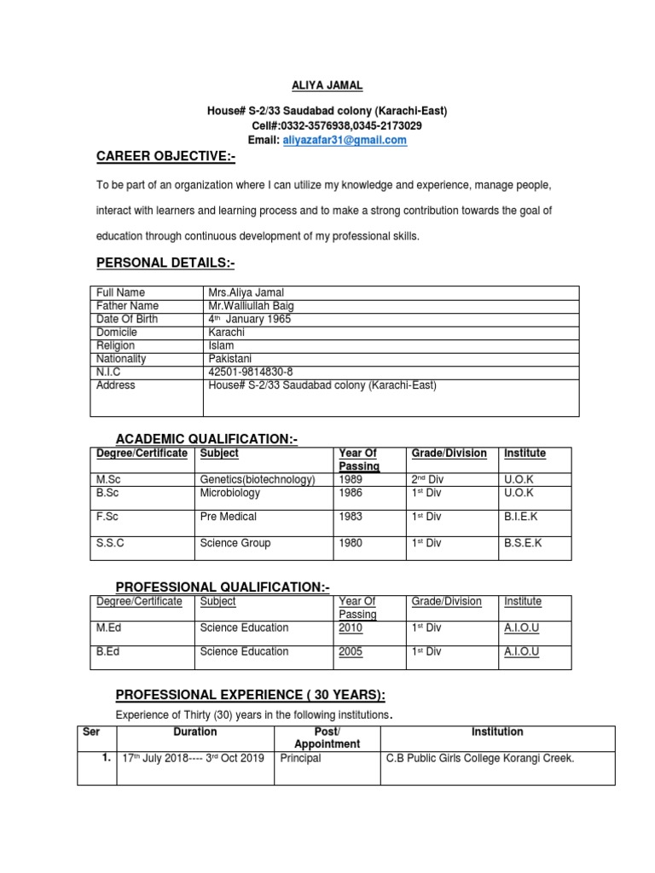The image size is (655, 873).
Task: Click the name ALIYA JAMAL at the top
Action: [327, 85]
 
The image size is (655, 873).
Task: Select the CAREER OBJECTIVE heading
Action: [165, 158]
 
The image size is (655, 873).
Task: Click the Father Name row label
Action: [127, 306]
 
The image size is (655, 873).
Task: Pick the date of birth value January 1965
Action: [252, 319]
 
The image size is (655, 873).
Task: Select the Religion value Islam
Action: [221, 345]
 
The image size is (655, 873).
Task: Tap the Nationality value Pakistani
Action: [230, 359]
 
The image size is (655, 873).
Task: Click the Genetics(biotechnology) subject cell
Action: [258, 480]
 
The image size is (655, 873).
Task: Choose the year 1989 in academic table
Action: [351, 480]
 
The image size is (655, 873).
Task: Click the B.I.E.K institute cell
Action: [521, 517]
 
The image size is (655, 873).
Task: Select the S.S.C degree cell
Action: [113, 543]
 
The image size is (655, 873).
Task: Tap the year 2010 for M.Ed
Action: [351, 628]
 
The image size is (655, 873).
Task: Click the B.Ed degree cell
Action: [108, 652]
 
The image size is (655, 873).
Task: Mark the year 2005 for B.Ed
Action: [351, 652]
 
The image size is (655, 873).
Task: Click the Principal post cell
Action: [300, 758]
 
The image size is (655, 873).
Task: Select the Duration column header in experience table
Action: [195, 732]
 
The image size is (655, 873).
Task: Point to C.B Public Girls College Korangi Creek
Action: [480, 758]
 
